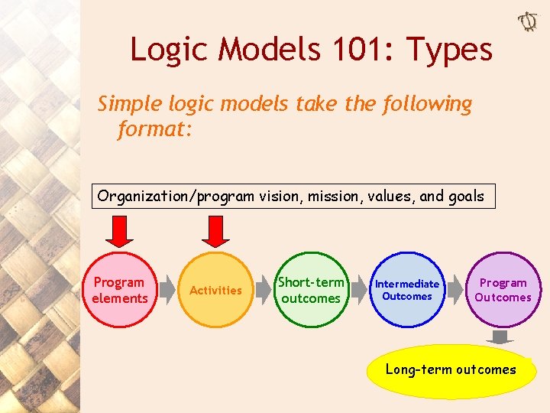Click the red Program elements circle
click(x=118, y=290)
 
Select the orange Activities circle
click(x=215, y=290)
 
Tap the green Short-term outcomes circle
click(x=310, y=290)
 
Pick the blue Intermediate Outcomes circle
click(x=407, y=290)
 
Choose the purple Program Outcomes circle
click(x=503, y=290)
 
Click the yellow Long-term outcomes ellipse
click(x=451, y=370)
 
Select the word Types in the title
click(x=450, y=50)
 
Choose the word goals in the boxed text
click(x=465, y=196)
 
